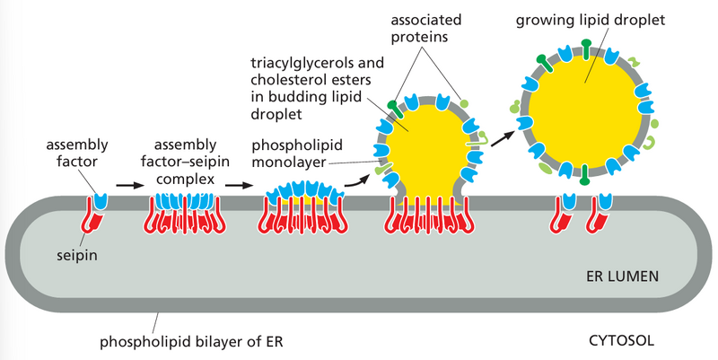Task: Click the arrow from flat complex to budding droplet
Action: pyautogui.click(x=357, y=178)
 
